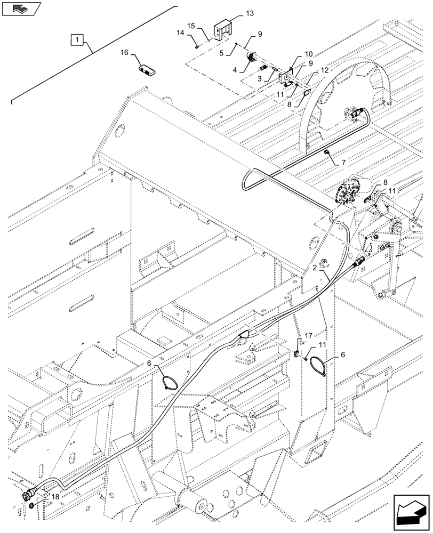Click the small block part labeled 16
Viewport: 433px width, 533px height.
(146, 70)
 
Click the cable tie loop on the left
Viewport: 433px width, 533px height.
(169, 382)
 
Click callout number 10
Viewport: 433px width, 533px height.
(309, 54)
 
